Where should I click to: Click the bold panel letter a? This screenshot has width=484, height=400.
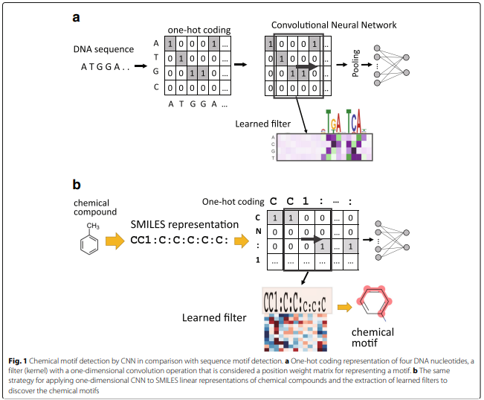(75, 16)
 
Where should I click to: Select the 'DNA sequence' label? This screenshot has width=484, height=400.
(103, 49)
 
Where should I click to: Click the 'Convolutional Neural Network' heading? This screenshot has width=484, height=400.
(334, 25)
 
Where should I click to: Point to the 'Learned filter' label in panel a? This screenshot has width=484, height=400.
(262, 124)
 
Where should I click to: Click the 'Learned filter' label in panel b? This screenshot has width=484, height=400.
(214, 318)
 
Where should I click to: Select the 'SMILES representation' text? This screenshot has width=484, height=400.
(184, 224)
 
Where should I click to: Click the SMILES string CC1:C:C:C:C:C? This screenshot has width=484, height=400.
(179, 241)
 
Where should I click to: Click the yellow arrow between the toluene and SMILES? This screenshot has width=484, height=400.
(115, 241)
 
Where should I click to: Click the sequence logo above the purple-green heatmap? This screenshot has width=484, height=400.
(343, 121)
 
